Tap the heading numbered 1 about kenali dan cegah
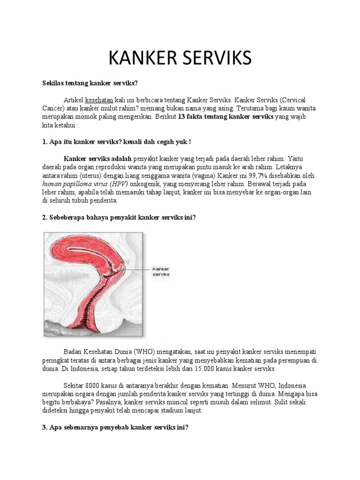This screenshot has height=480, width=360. [117, 141]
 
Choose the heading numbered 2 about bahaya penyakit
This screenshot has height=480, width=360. [120, 218]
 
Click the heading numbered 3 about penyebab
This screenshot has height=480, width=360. [115, 427]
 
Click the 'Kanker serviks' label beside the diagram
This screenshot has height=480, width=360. [161, 272]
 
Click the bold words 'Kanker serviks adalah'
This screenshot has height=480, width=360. [97, 158]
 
